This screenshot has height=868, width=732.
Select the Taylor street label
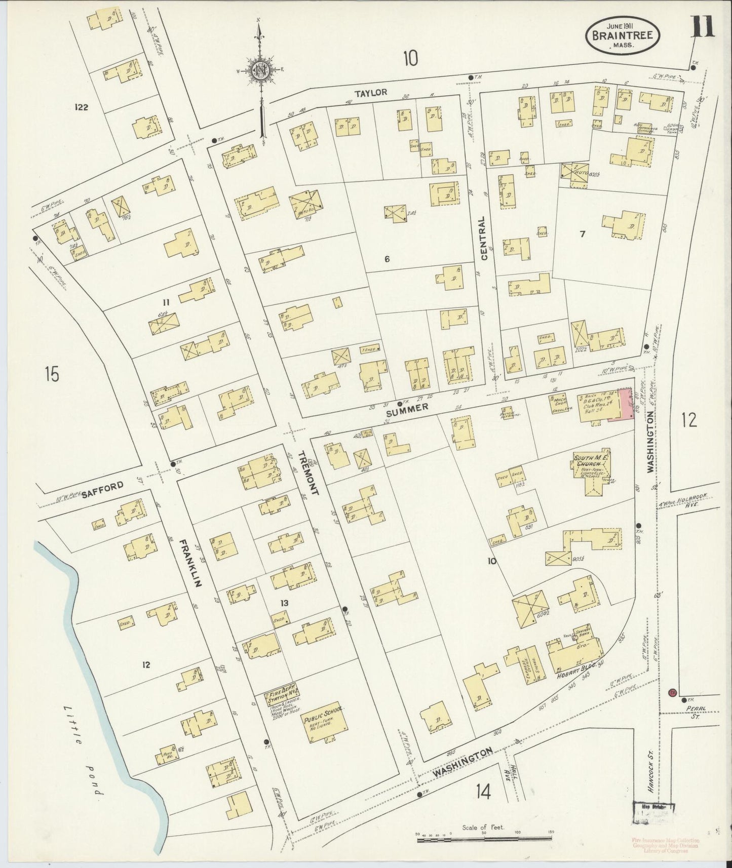click(371, 92)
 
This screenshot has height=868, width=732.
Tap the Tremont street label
click(307, 472)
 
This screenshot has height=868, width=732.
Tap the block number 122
click(81, 107)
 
